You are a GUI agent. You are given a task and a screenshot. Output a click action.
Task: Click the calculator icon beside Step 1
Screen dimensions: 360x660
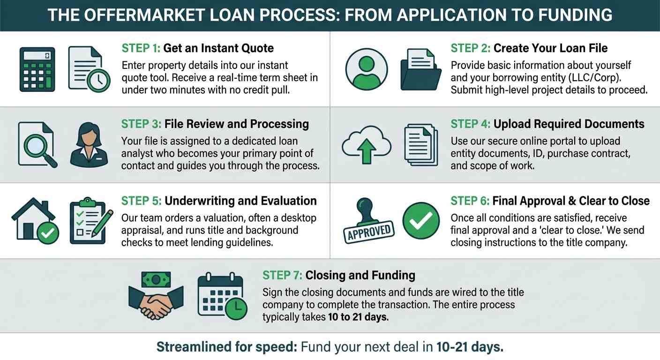[37, 69]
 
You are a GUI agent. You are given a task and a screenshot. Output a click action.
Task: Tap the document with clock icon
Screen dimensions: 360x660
[88, 68]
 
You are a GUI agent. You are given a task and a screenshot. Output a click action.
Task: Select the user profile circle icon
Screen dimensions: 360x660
[366, 68]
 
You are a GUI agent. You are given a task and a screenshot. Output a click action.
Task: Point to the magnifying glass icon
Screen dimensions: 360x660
[37, 144]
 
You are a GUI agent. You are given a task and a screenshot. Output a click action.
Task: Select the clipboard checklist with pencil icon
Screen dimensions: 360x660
[90, 221]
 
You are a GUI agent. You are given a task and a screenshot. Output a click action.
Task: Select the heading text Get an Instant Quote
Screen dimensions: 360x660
[218, 48]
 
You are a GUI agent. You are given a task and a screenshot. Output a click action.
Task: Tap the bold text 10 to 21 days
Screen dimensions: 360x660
[358, 317]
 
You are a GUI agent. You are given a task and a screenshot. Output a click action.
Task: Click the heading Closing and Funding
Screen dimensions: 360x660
[360, 275]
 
